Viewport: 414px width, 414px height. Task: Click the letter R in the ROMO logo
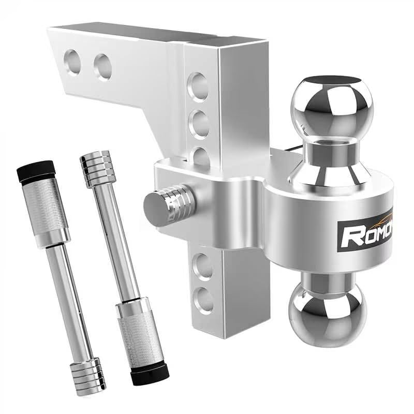351,234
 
